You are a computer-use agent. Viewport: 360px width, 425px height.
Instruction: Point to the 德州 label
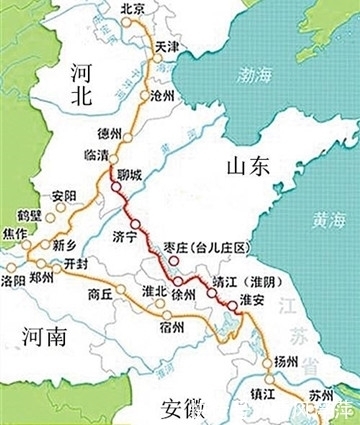click(x=111, y=134)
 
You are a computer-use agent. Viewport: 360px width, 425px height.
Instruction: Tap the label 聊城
click(x=132, y=175)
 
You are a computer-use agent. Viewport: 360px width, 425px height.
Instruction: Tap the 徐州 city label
click(x=184, y=295)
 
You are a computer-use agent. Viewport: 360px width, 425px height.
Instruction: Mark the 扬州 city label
click(x=285, y=362)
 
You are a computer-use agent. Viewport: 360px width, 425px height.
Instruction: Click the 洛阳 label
click(x=14, y=281)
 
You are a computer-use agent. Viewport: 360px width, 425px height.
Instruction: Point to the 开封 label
click(x=76, y=264)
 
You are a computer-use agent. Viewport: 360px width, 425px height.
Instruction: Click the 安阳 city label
click(x=63, y=194)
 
